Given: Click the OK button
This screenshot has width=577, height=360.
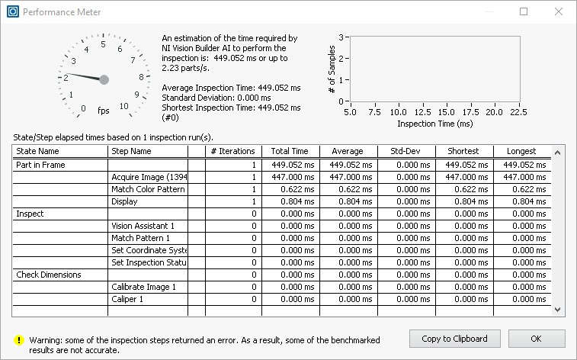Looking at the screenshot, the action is coord(536,338).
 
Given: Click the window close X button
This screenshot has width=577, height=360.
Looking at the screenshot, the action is coord(558,12).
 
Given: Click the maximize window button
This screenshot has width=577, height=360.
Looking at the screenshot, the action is coord(524,12).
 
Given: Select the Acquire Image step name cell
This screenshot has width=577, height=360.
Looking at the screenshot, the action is coord(149,177).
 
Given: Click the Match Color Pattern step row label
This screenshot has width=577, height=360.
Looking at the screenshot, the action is coord(149,189).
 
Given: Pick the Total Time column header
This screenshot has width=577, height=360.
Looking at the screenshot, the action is coord(290,151).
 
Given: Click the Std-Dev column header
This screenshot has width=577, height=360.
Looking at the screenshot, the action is coord(406,151).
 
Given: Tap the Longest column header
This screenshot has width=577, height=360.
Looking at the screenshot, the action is coord(522,151).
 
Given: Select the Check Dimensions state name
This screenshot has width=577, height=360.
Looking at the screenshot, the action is coord(48,275).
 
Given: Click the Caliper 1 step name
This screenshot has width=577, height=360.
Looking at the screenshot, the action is coord(128,299).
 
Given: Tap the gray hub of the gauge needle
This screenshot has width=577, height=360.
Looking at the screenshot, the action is coord(104,79).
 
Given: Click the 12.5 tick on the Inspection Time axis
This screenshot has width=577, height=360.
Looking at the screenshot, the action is coord(422,112).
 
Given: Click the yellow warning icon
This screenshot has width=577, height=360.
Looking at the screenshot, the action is coord(18,340).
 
